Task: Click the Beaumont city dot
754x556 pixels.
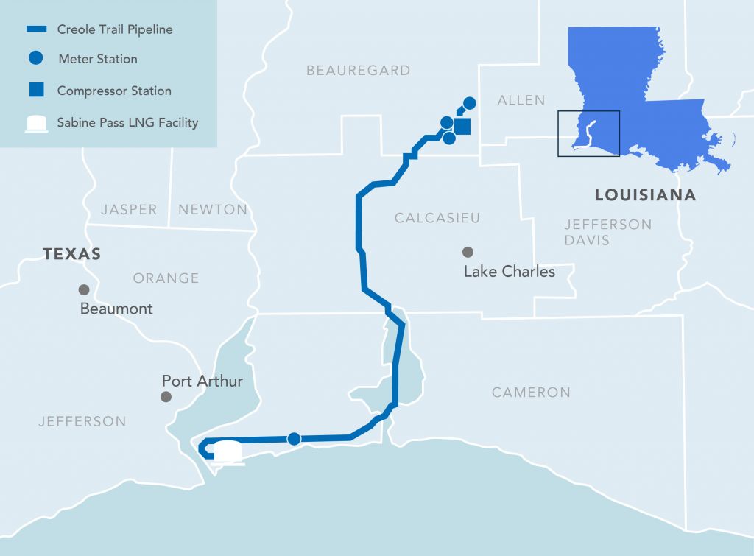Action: point(84,289)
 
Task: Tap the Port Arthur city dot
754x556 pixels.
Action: point(166,397)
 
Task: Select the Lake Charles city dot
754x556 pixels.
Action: point(468,252)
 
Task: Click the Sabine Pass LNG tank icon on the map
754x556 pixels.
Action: point(228,451)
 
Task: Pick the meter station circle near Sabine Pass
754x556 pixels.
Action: point(294,439)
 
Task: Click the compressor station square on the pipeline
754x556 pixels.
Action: point(462,127)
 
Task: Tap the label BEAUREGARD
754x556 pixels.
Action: point(358,71)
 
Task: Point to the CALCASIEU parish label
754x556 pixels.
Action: point(437,218)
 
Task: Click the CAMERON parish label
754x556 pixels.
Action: point(531,393)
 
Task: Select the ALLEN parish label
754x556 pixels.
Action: point(521,100)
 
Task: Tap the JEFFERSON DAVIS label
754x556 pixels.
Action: point(607,232)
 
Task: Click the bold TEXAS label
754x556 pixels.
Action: point(71,254)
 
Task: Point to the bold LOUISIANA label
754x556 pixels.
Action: point(645,195)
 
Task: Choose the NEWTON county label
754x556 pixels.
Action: point(213,209)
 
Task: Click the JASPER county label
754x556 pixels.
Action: point(129,209)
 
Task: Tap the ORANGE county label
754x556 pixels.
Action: point(166,278)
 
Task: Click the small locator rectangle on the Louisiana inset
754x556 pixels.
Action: point(588,133)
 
